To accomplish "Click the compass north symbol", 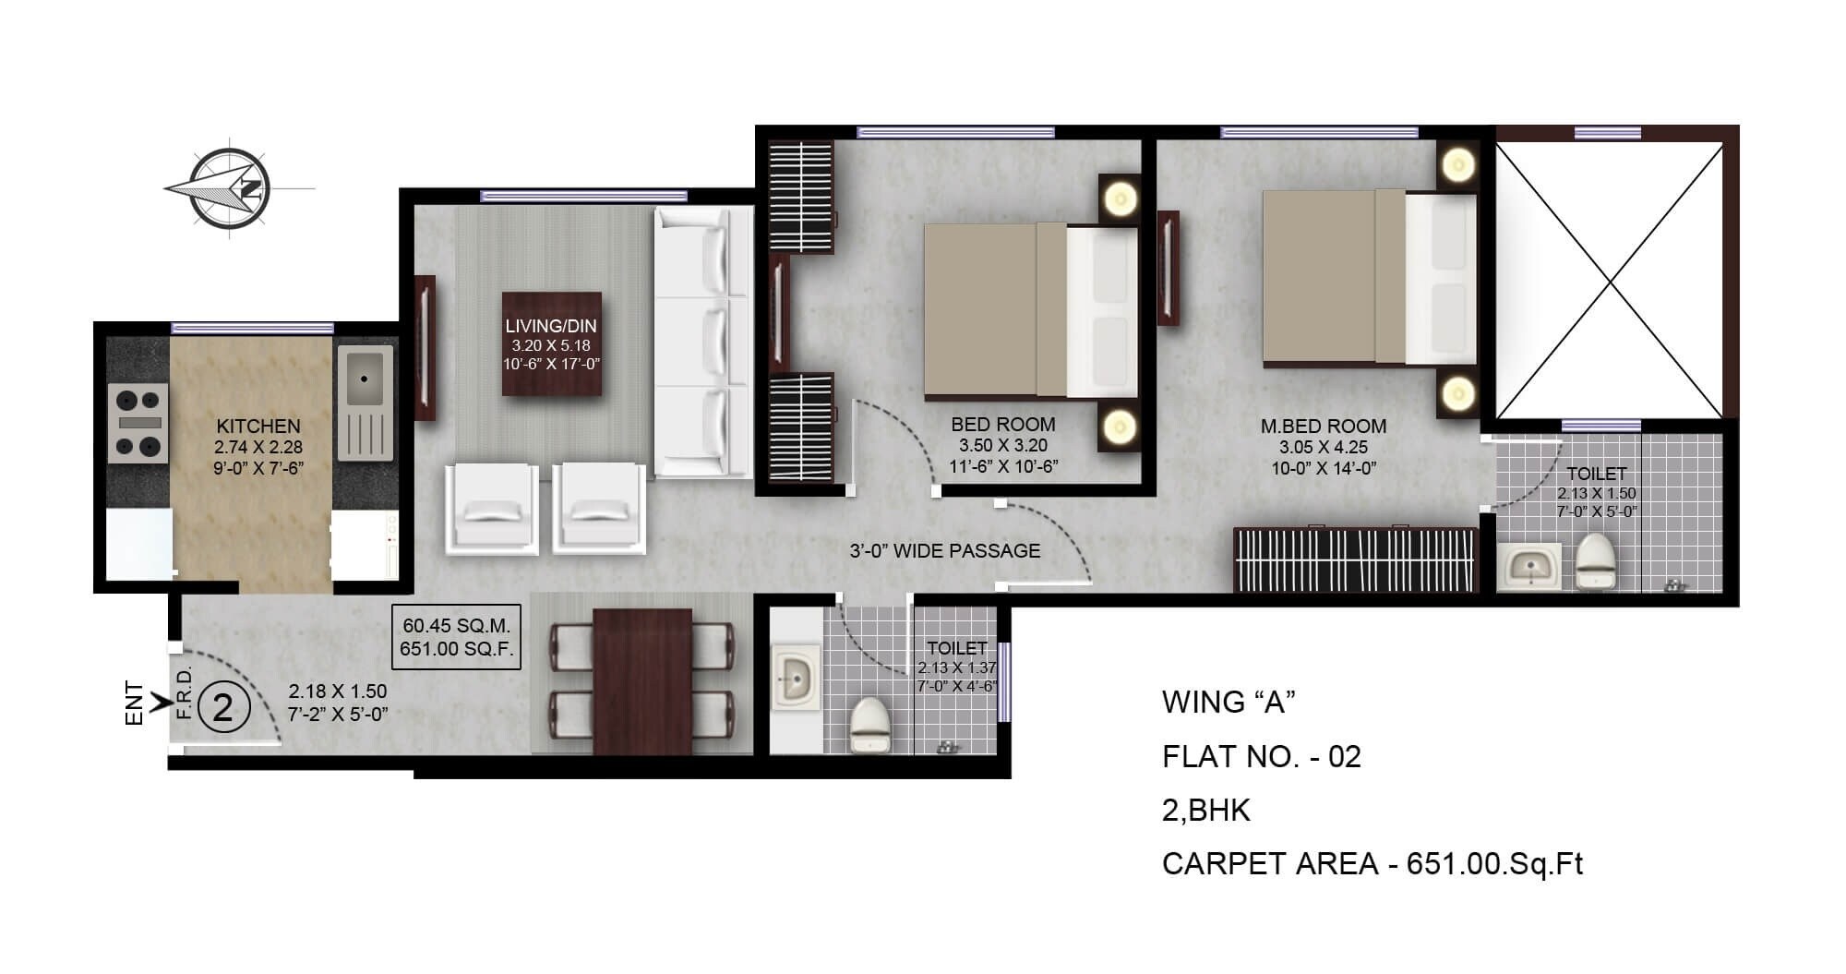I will [232, 188].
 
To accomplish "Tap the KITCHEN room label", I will [258, 427].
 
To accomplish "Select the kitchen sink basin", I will [365, 379].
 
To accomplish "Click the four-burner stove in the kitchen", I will [138, 423].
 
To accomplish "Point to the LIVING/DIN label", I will [551, 326].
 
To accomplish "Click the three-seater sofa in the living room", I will [703, 342].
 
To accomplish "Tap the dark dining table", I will [642, 681].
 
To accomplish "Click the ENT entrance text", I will [135, 703].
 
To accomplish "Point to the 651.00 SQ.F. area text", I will [456, 649].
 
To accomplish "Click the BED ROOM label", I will [1003, 425].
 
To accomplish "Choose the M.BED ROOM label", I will [1324, 427].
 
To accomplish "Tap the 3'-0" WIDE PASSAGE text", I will [944, 551].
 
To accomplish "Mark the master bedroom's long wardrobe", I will [1355, 559].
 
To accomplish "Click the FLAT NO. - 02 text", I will [1261, 757].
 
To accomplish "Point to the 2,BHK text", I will [1205, 811].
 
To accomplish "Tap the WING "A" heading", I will [1229, 703].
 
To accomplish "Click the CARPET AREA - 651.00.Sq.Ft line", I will [1372, 864].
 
